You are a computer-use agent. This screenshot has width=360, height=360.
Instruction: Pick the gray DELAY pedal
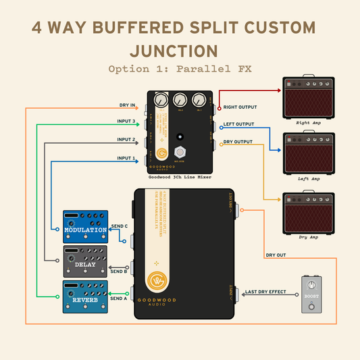(x=86, y=261)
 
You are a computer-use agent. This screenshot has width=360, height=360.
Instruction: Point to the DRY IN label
(x=127, y=105)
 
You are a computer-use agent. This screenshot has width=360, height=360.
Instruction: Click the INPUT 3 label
(x=126, y=122)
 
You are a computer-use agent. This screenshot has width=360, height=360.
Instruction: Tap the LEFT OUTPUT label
(x=240, y=124)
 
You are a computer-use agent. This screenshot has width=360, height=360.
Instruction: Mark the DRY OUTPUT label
(x=238, y=142)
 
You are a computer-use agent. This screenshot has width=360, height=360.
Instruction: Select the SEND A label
(x=118, y=298)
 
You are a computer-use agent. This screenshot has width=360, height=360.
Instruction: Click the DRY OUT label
(x=276, y=255)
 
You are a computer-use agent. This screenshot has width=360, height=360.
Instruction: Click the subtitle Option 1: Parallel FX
(x=180, y=70)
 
